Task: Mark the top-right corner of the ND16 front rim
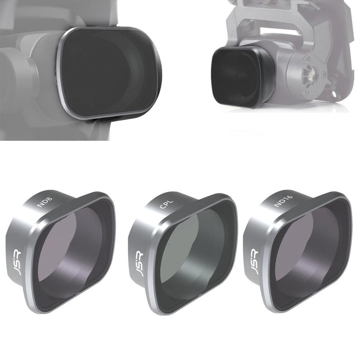coord(346,200)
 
